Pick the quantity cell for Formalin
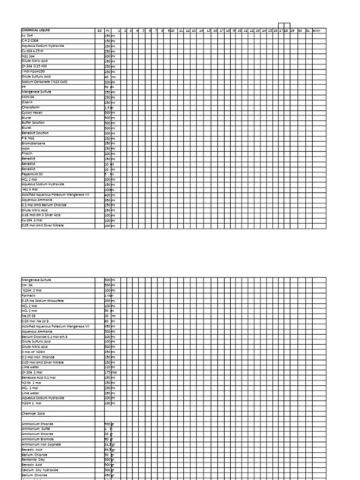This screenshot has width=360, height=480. (x=109, y=295)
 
